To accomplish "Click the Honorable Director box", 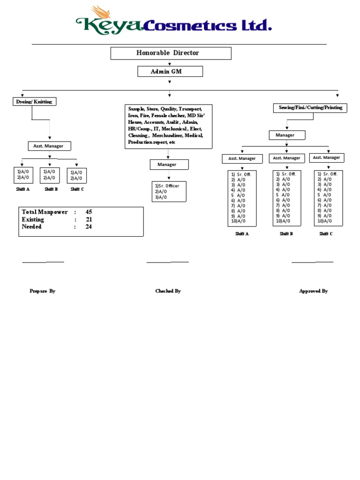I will [171, 53].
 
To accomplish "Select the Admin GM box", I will [170, 71].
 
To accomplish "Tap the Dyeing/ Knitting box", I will [34, 102].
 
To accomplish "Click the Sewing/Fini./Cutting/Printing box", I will [310, 108].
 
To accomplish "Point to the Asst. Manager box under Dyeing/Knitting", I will [49, 146].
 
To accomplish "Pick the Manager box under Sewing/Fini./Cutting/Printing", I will [286, 135].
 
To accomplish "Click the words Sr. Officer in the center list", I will [169, 186].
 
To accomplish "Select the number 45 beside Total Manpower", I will [89, 212].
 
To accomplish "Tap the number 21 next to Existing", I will [89, 219].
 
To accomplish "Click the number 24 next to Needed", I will [89, 227].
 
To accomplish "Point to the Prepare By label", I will [43, 291].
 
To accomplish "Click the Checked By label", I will [168, 291].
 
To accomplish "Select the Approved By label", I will [313, 291].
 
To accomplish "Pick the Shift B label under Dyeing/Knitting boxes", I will [51, 189].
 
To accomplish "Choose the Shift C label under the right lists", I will [326, 233].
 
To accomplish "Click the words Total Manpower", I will [45, 212].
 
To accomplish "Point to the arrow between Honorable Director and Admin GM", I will [170, 63].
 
